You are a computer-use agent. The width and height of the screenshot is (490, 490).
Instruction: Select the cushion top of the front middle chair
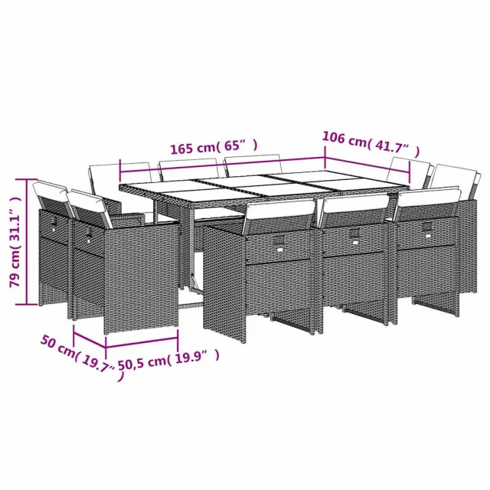coord(354,202)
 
